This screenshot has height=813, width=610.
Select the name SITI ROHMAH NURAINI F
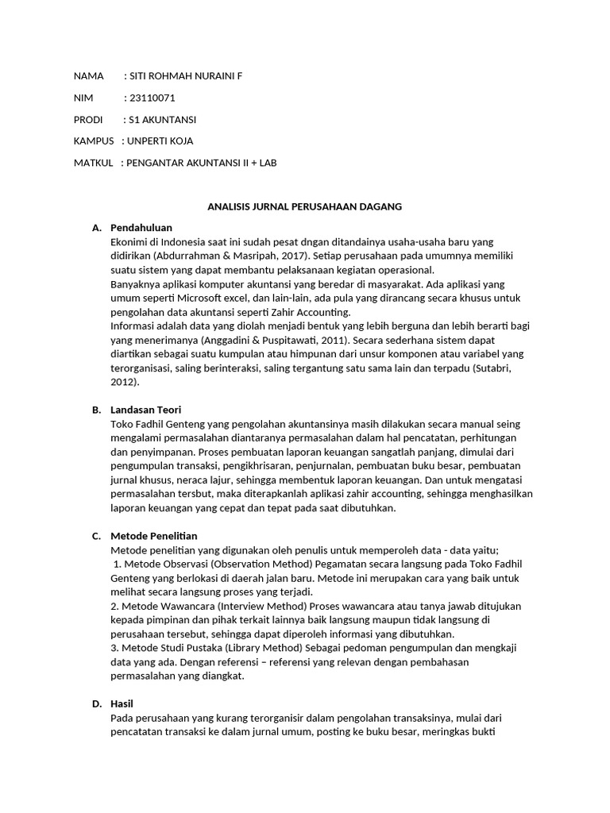click(x=186, y=76)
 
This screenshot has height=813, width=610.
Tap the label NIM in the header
click(x=83, y=98)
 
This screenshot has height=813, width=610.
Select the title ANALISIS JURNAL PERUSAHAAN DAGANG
click(x=305, y=206)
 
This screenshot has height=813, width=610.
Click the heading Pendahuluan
click(x=141, y=228)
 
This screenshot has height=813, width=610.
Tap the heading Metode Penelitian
click(x=154, y=536)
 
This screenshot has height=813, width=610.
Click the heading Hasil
click(x=123, y=703)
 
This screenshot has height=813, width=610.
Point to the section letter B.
click(x=96, y=410)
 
